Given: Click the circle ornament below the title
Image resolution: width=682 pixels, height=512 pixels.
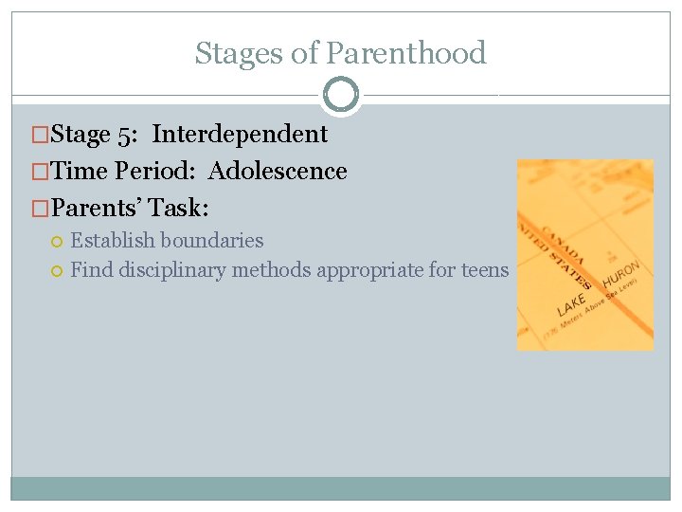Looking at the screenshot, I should pyautogui.click(x=341, y=95).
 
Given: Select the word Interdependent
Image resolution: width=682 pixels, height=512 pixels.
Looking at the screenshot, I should pyautogui.click(x=240, y=135).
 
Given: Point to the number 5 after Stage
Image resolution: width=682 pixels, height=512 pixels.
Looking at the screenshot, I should pyautogui.click(x=125, y=135).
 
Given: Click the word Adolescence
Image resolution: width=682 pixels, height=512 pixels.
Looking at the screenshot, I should pyautogui.click(x=278, y=172).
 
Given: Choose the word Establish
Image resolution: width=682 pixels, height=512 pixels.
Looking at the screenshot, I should pyautogui.click(x=113, y=241).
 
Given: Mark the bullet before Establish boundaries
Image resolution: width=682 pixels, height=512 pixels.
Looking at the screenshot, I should pyautogui.click(x=58, y=242).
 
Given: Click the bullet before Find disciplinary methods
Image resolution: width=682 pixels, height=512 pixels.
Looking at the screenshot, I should pyautogui.click(x=58, y=271).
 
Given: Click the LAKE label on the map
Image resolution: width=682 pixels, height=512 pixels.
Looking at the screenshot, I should pyautogui.click(x=572, y=304).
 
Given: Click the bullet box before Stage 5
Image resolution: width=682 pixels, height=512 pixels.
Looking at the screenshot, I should pyautogui.click(x=41, y=135).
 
